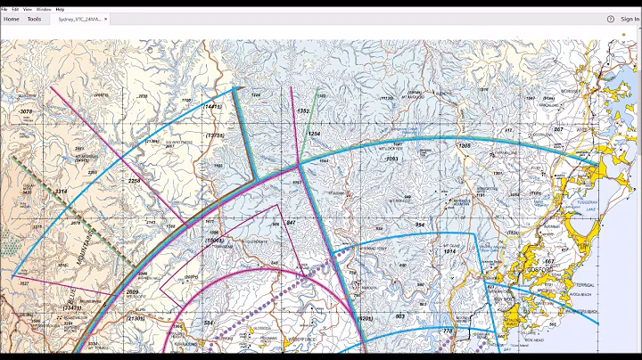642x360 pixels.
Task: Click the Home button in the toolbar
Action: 12,19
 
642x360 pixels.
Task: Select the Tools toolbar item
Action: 34,19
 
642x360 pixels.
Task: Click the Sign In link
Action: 630,19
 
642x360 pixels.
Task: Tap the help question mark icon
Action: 611,19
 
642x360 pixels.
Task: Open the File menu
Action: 4,9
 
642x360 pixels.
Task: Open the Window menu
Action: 44,9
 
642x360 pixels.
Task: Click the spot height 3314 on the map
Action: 61,192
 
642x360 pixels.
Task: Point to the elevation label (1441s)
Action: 212,106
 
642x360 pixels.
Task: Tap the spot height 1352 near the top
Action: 302,111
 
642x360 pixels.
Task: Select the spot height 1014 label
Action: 450,252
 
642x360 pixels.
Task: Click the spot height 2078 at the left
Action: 25,111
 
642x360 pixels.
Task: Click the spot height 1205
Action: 464,144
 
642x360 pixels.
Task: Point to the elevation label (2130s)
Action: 136,318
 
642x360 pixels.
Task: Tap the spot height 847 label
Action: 291,222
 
